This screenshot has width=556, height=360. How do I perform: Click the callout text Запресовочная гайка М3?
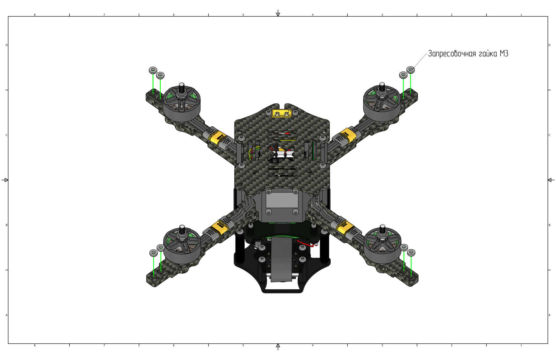click(x=468, y=54)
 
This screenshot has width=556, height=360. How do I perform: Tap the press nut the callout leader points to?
click(x=410, y=70)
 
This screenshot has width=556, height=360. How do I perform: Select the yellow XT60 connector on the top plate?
click(x=282, y=114)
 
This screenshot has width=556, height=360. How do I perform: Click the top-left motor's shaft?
click(x=182, y=87)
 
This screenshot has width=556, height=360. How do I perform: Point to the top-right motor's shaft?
click(x=382, y=87)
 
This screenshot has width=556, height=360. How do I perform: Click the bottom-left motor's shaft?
click(x=182, y=229)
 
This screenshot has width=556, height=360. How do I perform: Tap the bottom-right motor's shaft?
click(x=382, y=229)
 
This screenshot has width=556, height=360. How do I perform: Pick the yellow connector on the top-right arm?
click(x=346, y=136)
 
